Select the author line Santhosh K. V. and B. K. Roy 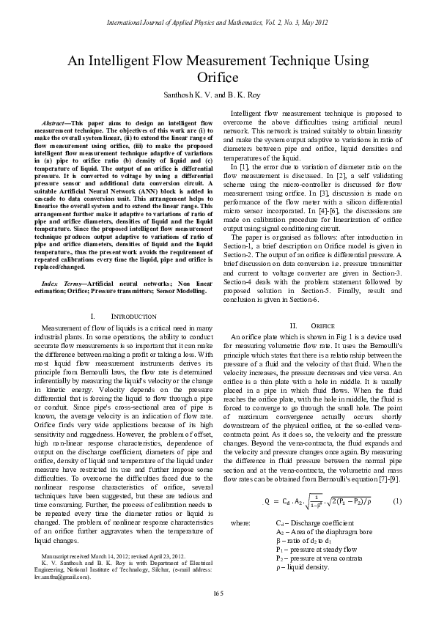pos(218,95)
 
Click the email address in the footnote pos(62,577)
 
